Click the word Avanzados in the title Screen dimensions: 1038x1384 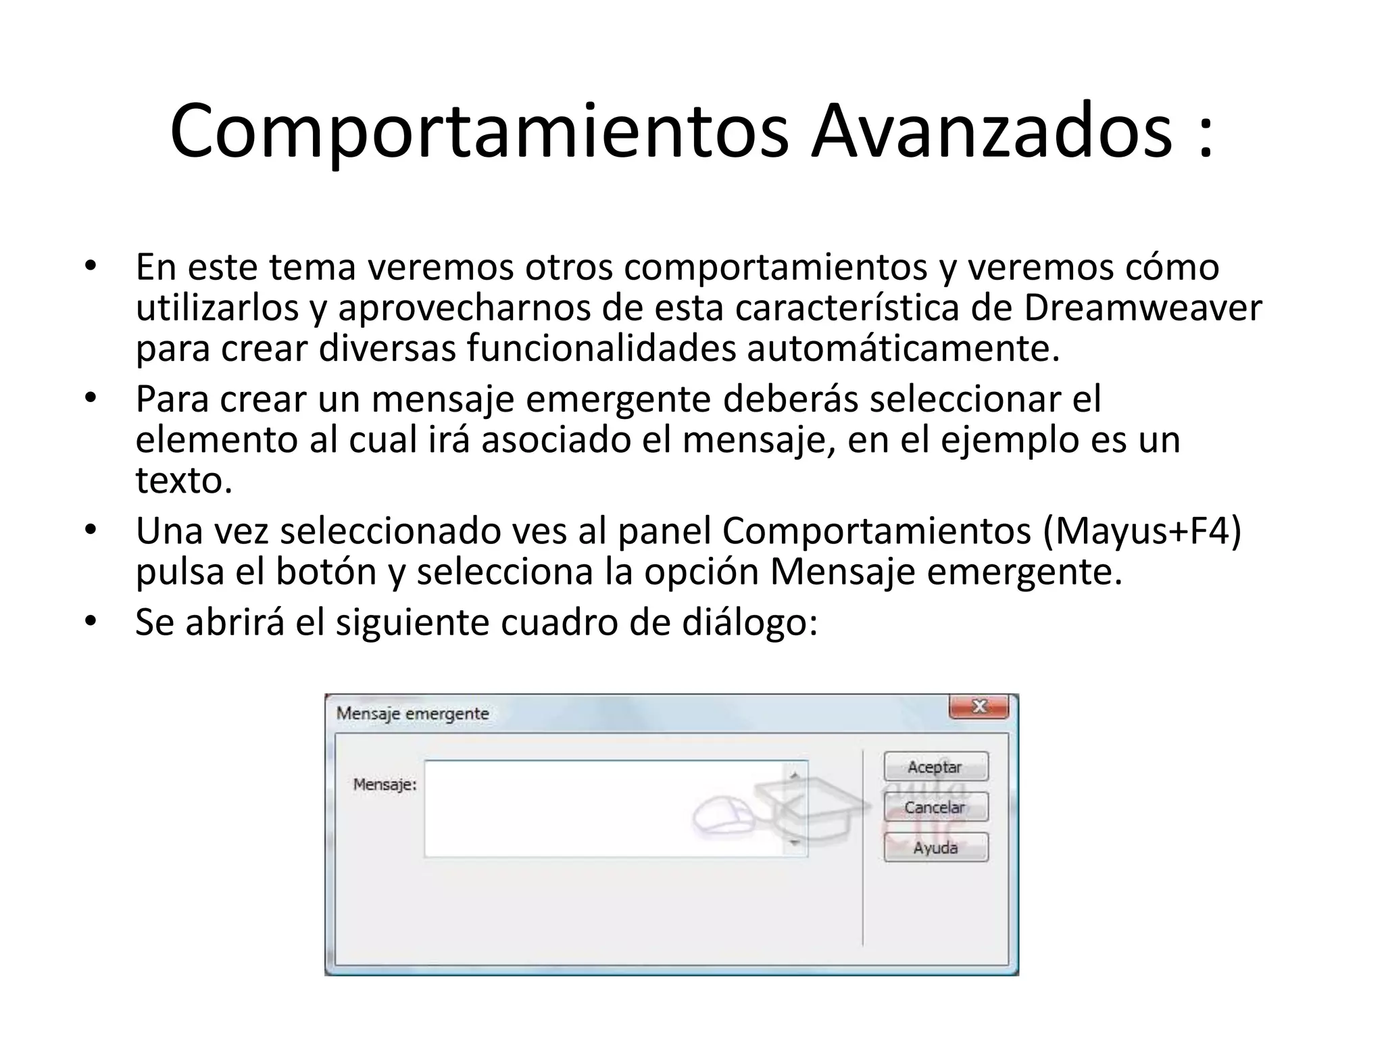coord(991,131)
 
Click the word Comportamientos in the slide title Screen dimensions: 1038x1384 coord(478,132)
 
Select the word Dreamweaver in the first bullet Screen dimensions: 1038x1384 coord(1142,307)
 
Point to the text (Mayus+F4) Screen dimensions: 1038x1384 coord(1142,531)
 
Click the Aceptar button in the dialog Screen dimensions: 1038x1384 coord(936,767)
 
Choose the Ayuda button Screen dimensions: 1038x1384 coord(936,847)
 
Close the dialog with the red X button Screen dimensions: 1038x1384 coord(979,707)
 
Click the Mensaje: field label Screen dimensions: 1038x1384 coord(385,785)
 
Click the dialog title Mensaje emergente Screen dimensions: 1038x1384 coord(412,714)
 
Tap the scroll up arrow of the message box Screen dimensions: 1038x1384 coord(795,776)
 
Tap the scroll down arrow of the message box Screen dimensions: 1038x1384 coord(795,843)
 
